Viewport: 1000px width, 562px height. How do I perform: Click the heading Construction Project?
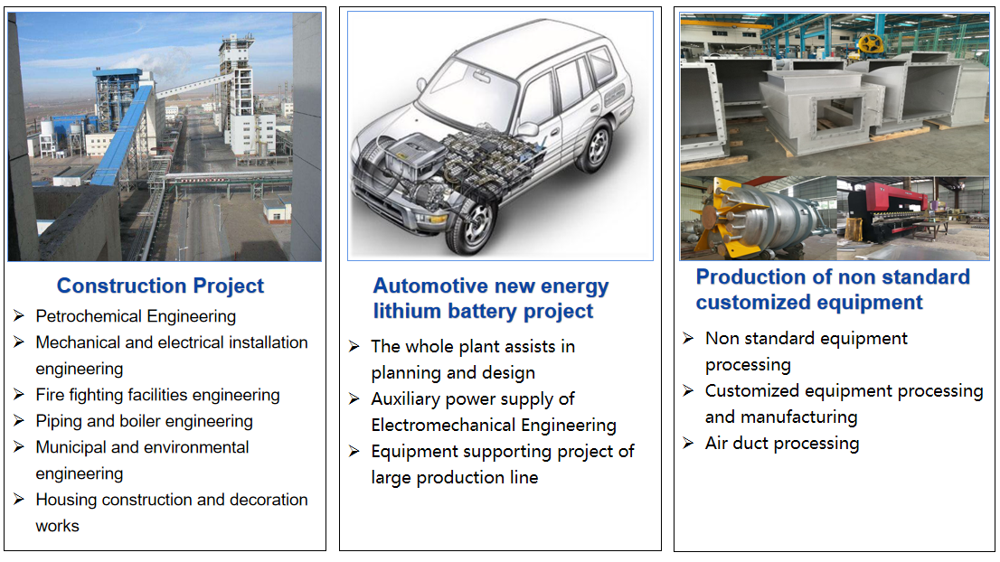[160, 286]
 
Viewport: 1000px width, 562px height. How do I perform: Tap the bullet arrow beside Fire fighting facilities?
[19, 395]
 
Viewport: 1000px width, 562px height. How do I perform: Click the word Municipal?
[71, 447]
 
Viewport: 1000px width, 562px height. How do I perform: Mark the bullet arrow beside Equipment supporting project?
[354, 451]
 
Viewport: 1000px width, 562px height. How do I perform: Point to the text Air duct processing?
[782, 443]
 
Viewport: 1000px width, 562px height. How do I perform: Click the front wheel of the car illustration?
[475, 226]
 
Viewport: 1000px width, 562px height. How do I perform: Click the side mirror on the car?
[527, 129]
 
